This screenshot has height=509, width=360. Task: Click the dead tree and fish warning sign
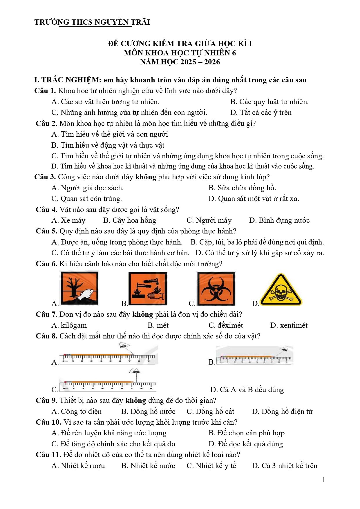[79, 288]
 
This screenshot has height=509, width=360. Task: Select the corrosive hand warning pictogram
[148, 289]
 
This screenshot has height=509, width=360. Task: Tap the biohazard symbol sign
[216, 289]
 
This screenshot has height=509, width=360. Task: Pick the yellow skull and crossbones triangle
[281, 289]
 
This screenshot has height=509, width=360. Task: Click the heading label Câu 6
[46, 264]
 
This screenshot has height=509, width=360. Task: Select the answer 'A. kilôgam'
[69, 325]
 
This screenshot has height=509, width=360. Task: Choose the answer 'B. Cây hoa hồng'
[130, 220]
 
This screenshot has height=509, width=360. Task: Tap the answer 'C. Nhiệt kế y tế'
[211, 466]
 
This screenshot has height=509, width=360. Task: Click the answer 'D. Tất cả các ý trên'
[261, 113]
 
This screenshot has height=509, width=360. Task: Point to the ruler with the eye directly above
[107, 380]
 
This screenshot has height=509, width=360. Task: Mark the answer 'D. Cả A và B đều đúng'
[247, 390]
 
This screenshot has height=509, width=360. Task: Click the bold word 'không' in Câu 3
[146, 177]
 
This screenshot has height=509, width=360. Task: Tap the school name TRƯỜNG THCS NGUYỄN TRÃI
[92, 22]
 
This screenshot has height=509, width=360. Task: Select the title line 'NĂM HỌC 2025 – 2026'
[180, 62]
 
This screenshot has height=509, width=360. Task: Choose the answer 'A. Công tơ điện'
[77, 412]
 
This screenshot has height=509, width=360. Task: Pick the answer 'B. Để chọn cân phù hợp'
[247, 433]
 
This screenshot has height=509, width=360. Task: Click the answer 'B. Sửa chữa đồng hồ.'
[242, 188]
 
